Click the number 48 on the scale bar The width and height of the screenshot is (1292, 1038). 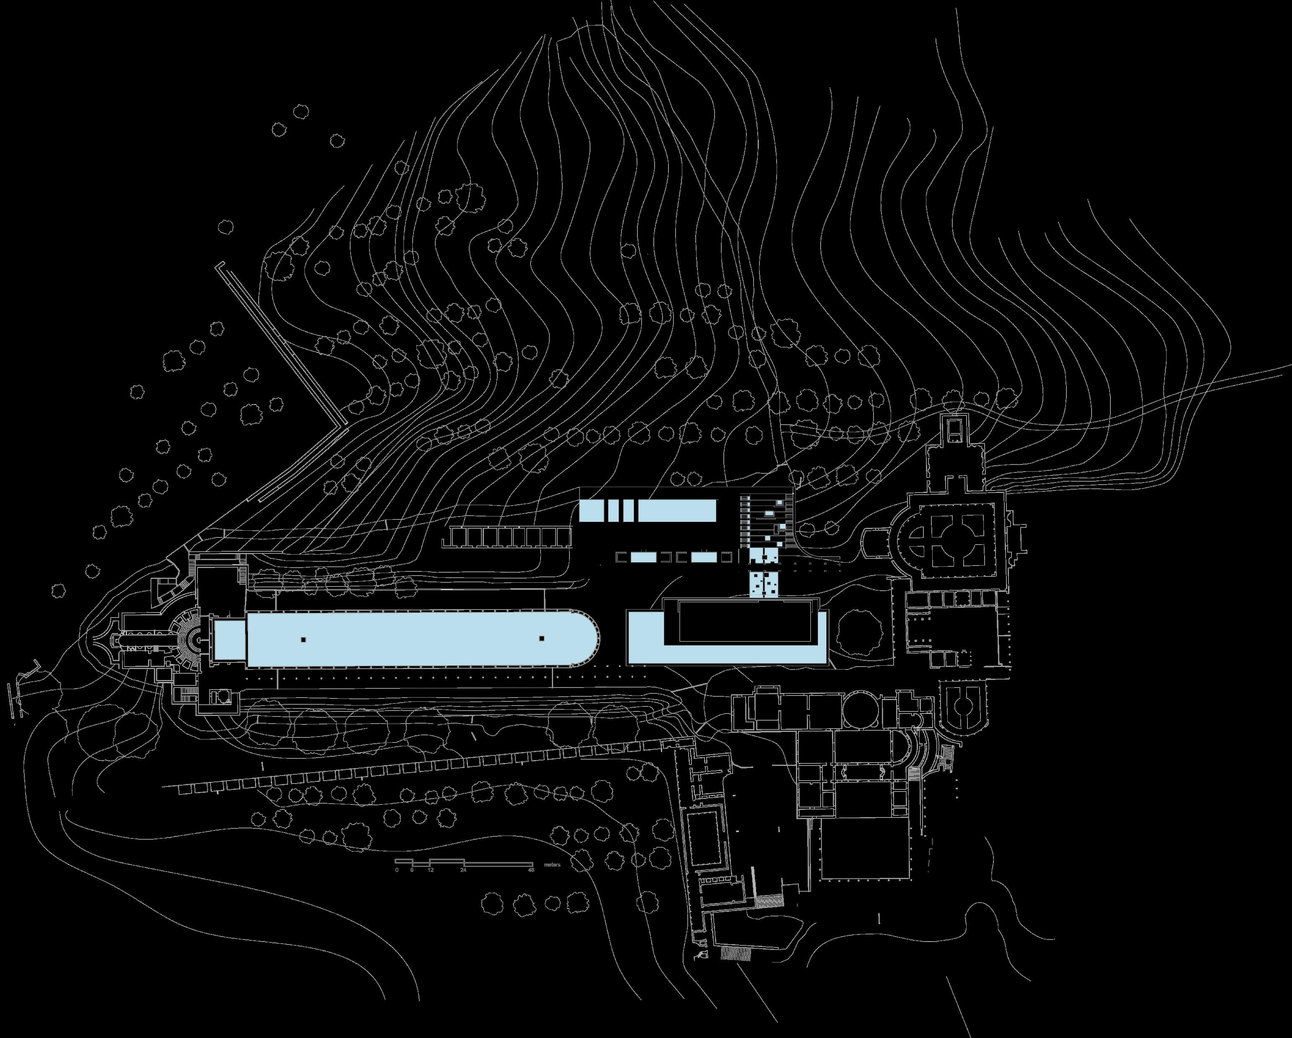[530, 870]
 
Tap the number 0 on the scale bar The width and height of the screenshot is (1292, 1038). [397, 870]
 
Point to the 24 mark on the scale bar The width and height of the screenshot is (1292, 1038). [463, 870]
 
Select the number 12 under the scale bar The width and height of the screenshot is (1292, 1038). [430, 870]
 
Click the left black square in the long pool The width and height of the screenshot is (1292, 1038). [304, 640]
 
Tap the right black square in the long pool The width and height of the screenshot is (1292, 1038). [541, 638]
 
